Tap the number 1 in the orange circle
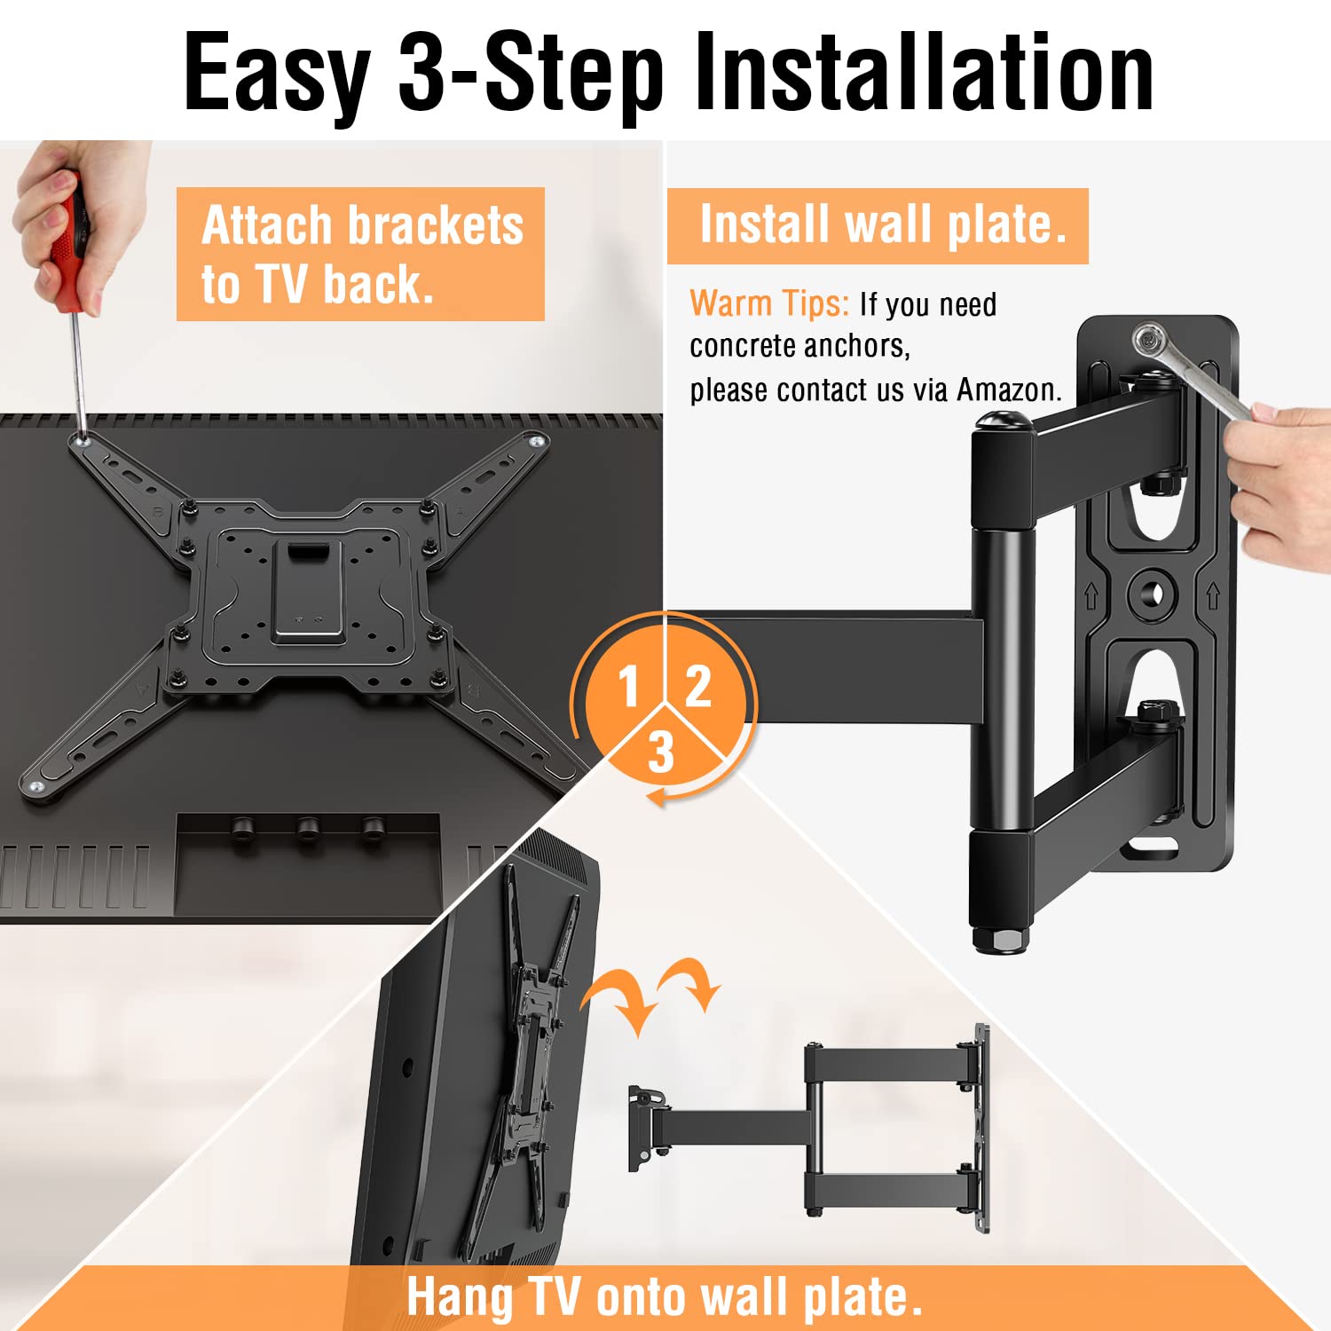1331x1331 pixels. click(629, 686)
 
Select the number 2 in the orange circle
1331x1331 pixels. click(698, 686)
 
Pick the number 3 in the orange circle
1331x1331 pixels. click(661, 752)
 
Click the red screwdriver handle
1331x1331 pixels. click(68, 252)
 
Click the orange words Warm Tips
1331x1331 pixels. click(769, 303)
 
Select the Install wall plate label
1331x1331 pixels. click(878, 225)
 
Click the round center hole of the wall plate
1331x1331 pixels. click(1151, 594)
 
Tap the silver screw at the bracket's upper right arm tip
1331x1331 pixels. click(537, 441)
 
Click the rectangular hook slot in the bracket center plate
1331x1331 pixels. click(307, 552)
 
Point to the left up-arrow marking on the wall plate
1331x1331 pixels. click(1091, 596)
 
